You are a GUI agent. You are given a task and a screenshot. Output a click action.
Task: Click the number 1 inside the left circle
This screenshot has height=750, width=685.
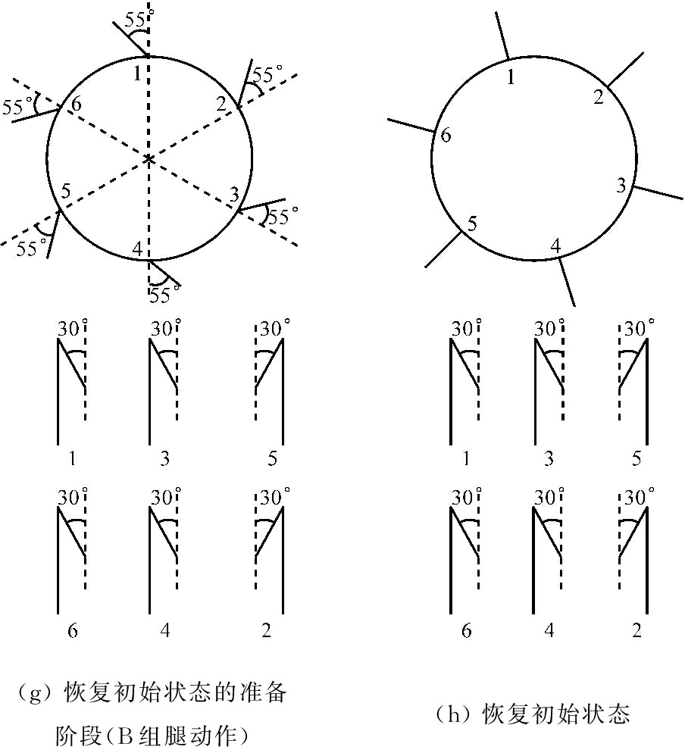pos(137,73)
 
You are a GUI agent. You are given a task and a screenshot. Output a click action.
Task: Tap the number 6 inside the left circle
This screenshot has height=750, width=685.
pos(76,104)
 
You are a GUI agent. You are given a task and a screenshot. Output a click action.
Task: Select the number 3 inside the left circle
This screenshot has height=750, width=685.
pos(234,194)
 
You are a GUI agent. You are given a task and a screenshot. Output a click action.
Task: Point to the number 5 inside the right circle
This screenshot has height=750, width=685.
pos(472,223)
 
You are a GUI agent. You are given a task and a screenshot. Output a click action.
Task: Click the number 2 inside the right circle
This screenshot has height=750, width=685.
pos(599,97)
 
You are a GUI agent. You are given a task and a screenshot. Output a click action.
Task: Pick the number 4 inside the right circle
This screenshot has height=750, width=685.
pos(555,245)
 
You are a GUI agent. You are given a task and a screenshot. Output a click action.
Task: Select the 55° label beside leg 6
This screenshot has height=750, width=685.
pos(18,107)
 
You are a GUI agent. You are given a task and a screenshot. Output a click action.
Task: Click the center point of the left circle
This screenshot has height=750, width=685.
pos(149,158)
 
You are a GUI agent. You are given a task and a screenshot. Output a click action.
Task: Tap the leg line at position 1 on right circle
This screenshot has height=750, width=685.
pos(502,36)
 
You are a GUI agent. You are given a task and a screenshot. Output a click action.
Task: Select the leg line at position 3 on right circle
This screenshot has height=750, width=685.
pos(658,192)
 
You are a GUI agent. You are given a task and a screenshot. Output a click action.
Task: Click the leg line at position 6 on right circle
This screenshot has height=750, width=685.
pos(411,125)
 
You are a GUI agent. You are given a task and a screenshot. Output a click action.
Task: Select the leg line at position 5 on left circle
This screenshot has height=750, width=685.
pos(54,234)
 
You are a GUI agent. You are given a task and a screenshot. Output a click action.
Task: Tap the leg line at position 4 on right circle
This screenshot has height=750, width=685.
pos(566,282)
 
